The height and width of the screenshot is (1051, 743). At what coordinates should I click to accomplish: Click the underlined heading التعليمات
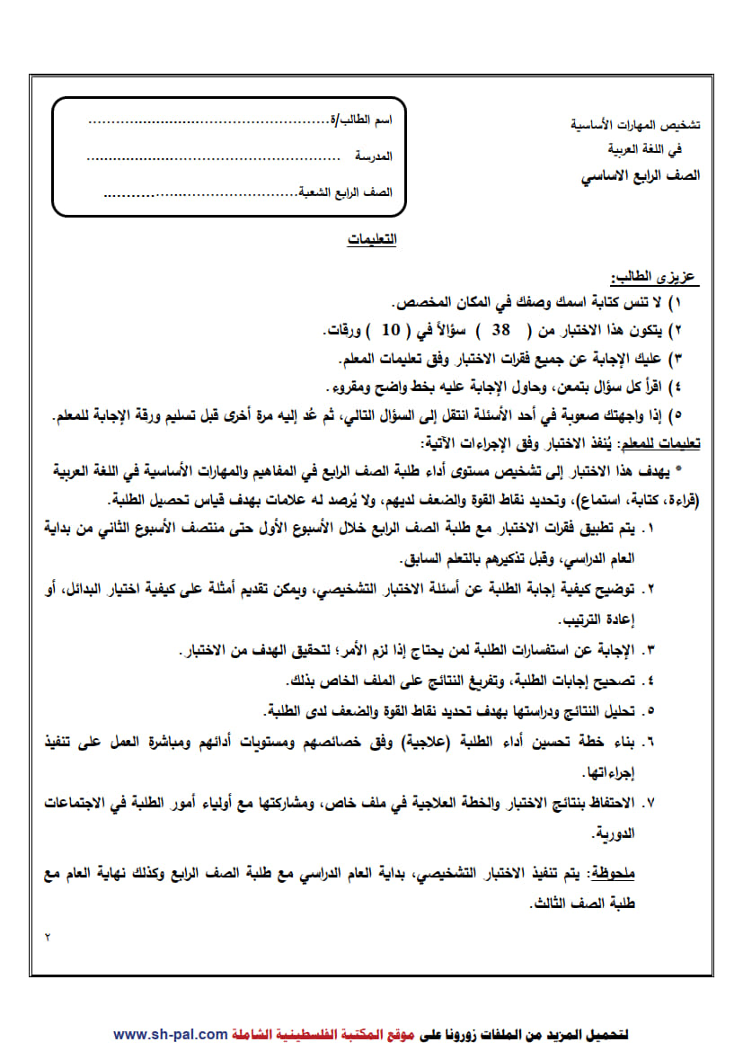point(372,241)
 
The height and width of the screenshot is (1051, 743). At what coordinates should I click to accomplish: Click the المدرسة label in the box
point(374,156)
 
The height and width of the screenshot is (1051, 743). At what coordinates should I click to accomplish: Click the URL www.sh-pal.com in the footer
point(171,1035)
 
